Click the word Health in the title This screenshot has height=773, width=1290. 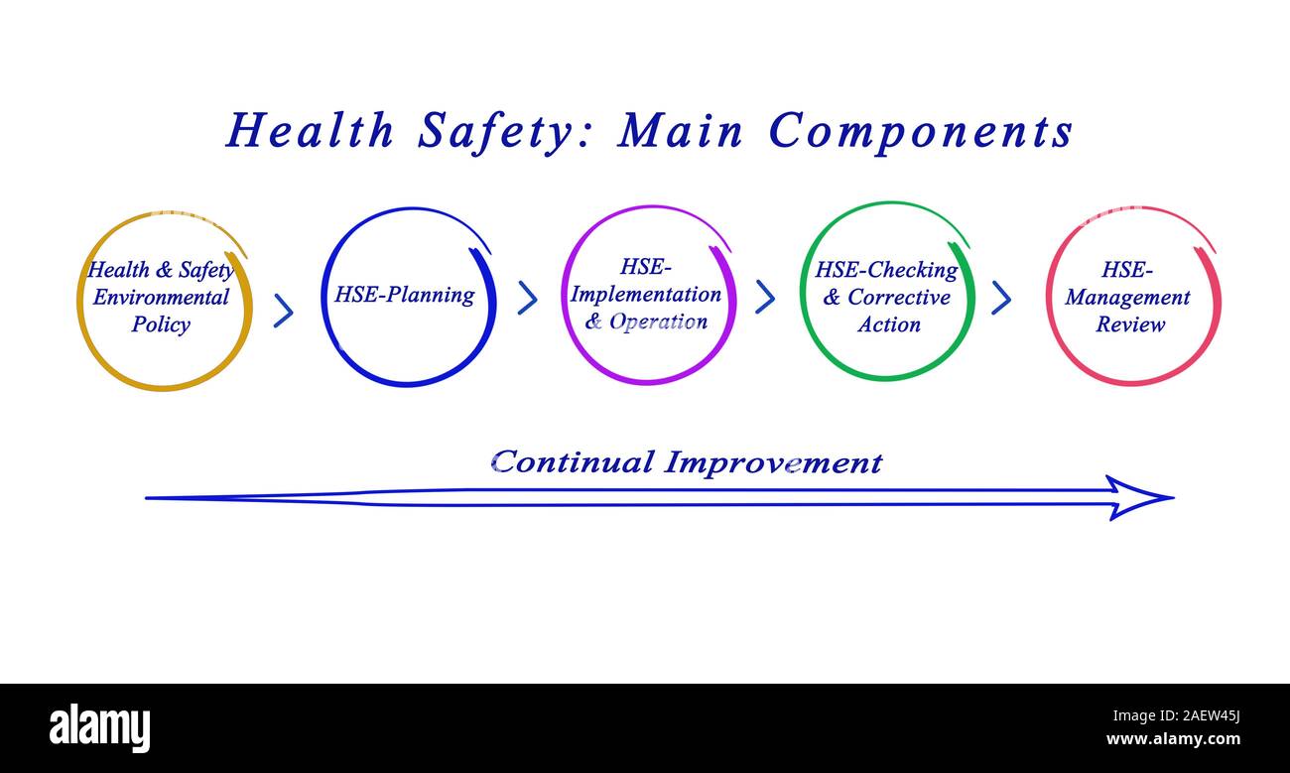point(310,131)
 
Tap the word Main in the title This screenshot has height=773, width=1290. point(681,131)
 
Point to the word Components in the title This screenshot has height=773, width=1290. point(921,131)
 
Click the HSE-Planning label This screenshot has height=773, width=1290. point(404,295)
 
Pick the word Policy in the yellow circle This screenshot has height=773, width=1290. point(161,324)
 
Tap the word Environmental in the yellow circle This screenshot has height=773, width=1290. point(161,297)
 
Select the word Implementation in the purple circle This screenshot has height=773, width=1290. point(646,295)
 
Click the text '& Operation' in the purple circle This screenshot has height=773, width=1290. point(646,322)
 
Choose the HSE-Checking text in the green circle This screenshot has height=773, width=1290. point(886,270)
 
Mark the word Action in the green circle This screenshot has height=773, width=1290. point(889,324)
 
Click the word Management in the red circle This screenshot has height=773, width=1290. point(1127,297)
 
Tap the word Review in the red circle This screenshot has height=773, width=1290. point(1129,324)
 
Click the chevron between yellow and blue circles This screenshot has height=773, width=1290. point(284,311)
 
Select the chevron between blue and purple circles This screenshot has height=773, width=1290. point(528,298)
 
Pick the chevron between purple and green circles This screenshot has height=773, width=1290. point(765,297)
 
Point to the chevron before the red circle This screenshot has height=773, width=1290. point(1001,297)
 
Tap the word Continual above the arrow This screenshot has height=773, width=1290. point(573,462)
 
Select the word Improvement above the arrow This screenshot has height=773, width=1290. point(773,462)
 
